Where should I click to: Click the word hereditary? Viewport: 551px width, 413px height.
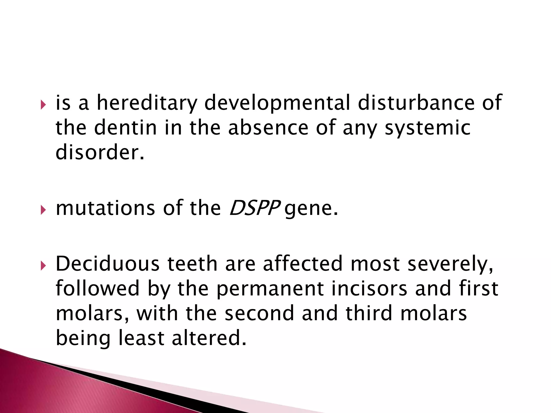tap(147, 103)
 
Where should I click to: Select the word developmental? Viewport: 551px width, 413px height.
tap(277, 103)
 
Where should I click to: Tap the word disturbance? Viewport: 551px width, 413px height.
tap(416, 103)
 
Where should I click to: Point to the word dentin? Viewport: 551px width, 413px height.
tap(125, 128)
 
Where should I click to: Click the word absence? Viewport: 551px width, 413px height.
tap(268, 128)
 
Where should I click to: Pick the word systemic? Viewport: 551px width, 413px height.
tap(428, 128)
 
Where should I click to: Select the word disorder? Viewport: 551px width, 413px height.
tap(100, 152)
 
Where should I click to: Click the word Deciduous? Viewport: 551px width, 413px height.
tap(108, 264)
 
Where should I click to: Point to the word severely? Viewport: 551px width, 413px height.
tap(450, 264)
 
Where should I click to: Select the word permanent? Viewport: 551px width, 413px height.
tap(270, 289)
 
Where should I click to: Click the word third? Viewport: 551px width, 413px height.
tap(369, 313)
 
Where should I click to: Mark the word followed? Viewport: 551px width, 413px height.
tap(98, 289)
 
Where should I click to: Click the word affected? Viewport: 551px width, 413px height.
tap(303, 264)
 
